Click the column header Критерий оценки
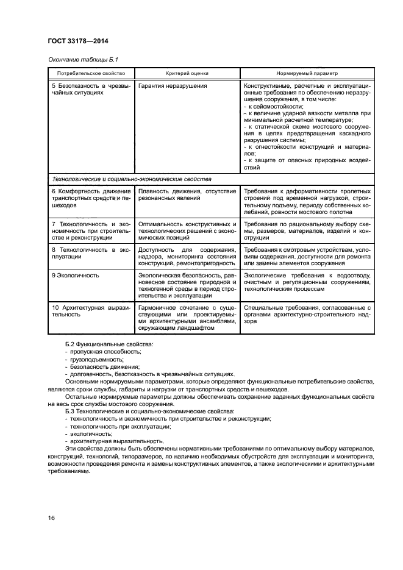[x=186, y=73]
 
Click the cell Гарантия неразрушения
[x=173, y=86]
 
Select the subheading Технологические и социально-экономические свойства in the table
[x=132, y=180]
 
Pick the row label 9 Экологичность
[x=76, y=276]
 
